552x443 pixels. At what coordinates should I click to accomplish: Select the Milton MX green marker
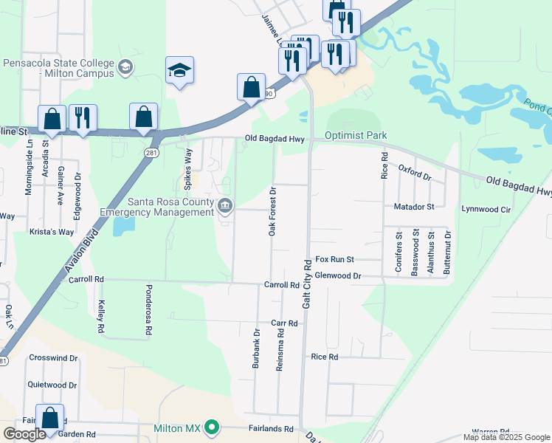pos(213,427)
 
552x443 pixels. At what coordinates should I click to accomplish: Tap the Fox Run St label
pos(335,260)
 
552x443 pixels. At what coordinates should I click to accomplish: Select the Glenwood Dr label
pos(337,275)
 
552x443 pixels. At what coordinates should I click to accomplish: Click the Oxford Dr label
pos(414,172)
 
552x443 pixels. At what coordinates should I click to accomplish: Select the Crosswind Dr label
pos(53,358)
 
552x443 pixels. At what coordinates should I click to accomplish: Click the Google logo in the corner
pos(24,434)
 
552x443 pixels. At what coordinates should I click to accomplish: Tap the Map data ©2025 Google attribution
pos(506,437)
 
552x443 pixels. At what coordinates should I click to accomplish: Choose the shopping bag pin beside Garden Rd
pos(50,418)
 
